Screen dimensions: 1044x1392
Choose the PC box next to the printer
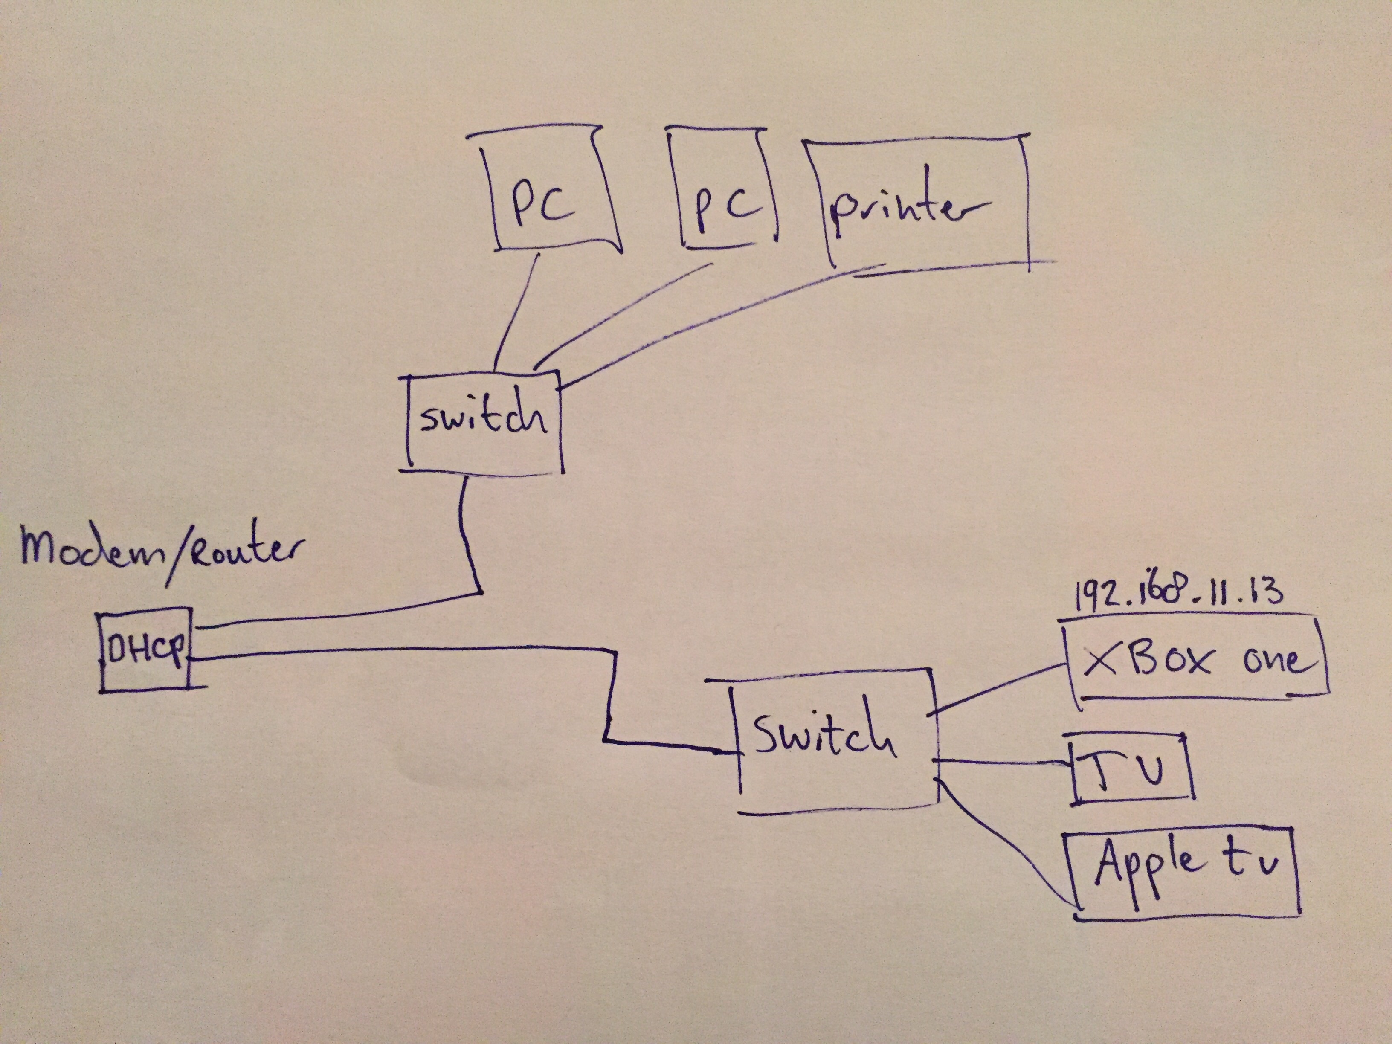tap(724, 189)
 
